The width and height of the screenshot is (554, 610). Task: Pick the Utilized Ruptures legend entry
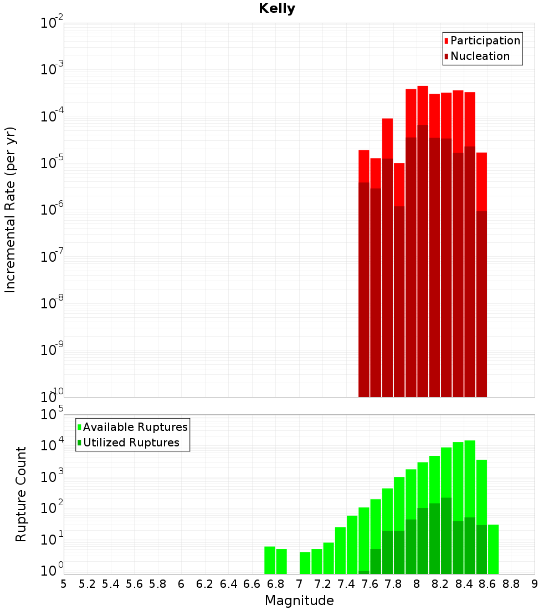point(131,443)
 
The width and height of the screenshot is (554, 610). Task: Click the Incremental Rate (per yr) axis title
point(11,210)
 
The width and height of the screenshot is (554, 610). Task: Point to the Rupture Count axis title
point(21,494)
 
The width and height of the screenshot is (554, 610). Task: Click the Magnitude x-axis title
point(299,601)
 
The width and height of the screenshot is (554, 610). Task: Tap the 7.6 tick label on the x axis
point(370,584)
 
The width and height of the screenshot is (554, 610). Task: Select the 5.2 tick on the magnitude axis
point(87,584)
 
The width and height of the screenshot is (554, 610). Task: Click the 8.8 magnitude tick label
point(511,584)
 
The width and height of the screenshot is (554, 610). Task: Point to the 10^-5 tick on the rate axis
point(52,162)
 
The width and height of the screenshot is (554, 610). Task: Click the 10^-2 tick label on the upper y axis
point(52,23)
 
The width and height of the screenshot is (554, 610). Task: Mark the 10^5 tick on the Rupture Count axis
point(53,414)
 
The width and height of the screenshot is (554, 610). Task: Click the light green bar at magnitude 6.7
point(270,560)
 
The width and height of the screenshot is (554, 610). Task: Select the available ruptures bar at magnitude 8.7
point(493,549)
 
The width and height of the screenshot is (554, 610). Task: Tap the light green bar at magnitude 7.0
point(305,563)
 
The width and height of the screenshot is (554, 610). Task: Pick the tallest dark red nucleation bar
point(423,261)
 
